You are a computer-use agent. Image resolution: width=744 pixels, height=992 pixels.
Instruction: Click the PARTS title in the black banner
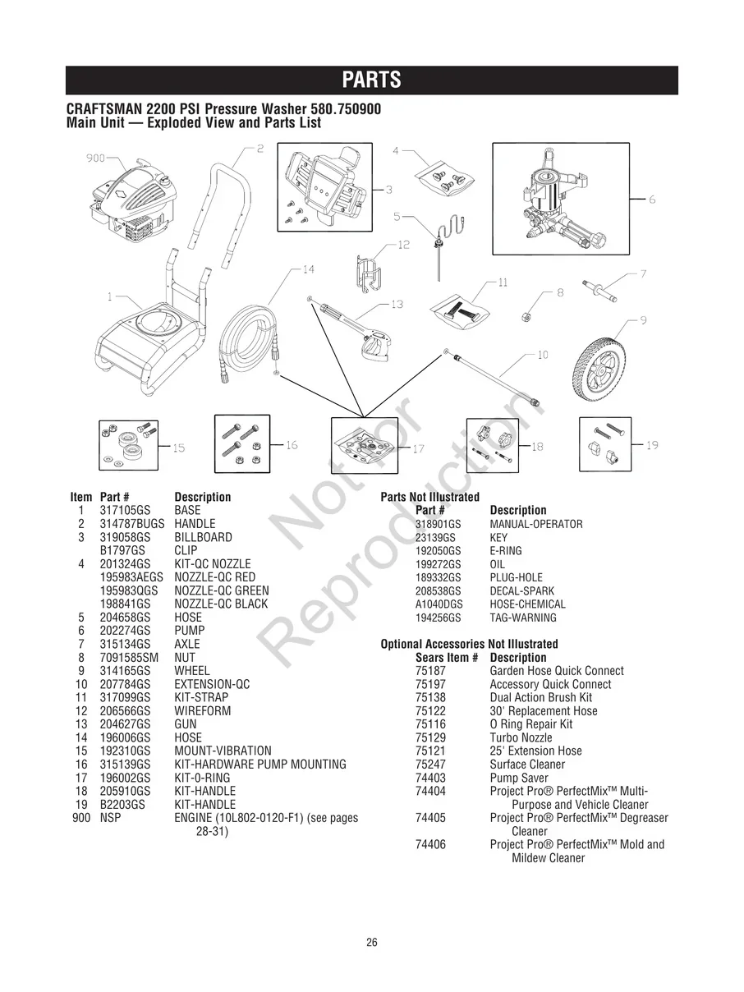(x=371, y=80)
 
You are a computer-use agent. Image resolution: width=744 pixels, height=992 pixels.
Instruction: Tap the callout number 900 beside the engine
(x=95, y=158)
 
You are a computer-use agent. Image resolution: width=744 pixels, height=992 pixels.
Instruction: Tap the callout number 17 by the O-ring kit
(x=418, y=449)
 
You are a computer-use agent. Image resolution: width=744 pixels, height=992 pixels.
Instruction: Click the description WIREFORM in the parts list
(x=202, y=711)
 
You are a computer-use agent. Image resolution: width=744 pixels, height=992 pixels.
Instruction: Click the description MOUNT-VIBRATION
(x=223, y=751)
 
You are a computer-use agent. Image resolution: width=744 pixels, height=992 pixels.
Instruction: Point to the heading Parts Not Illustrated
(x=429, y=497)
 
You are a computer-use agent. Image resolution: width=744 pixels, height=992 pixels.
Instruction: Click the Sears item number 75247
(x=430, y=765)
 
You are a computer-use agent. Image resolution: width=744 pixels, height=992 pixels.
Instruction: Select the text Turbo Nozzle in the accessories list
(x=521, y=737)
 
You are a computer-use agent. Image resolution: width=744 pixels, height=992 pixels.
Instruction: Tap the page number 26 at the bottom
(x=372, y=943)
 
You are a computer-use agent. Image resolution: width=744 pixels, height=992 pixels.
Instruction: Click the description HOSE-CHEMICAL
(x=527, y=604)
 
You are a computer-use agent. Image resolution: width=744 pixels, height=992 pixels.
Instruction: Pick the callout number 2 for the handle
(x=259, y=149)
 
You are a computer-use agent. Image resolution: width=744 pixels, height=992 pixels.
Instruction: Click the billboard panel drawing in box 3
(x=324, y=184)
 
